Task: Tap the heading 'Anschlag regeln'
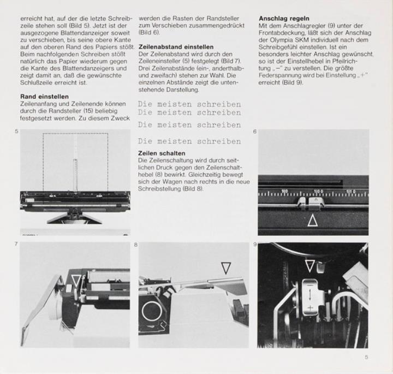click(284, 18)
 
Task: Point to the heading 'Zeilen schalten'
click(162, 153)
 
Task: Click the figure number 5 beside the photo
click(17, 132)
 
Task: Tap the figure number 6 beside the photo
click(255, 132)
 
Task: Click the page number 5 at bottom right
click(366, 358)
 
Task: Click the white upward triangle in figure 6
click(312, 221)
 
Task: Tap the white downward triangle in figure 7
click(76, 281)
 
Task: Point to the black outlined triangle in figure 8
click(225, 268)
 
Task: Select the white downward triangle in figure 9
click(309, 266)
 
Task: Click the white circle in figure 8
click(150, 312)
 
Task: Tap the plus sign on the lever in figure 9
click(309, 309)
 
